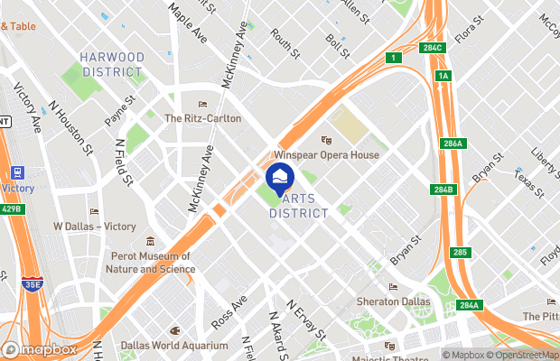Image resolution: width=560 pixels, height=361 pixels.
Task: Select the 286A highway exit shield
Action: pos(453,143)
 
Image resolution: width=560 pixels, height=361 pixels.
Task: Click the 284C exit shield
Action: pos(433,48)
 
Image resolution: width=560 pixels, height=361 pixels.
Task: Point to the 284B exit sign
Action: pos(443,190)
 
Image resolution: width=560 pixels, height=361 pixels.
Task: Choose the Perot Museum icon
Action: pos(151,242)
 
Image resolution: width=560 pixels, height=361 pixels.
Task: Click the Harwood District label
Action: pos(112,64)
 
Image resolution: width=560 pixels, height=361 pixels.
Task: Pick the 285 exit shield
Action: pos(461,252)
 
